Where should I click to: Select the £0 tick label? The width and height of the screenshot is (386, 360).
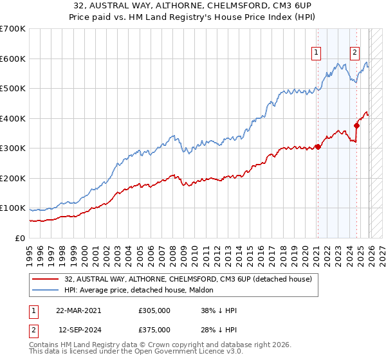(x=21, y=238)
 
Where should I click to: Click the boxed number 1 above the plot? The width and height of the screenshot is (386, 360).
(x=317, y=53)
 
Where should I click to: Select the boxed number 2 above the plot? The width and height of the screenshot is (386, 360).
(x=354, y=53)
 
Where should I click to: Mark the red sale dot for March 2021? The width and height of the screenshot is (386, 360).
(x=318, y=147)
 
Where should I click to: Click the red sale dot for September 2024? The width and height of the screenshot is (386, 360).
(x=356, y=125)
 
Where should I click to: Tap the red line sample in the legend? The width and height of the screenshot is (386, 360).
(x=46, y=279)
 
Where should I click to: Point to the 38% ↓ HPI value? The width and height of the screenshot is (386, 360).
(x=219, y=310)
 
